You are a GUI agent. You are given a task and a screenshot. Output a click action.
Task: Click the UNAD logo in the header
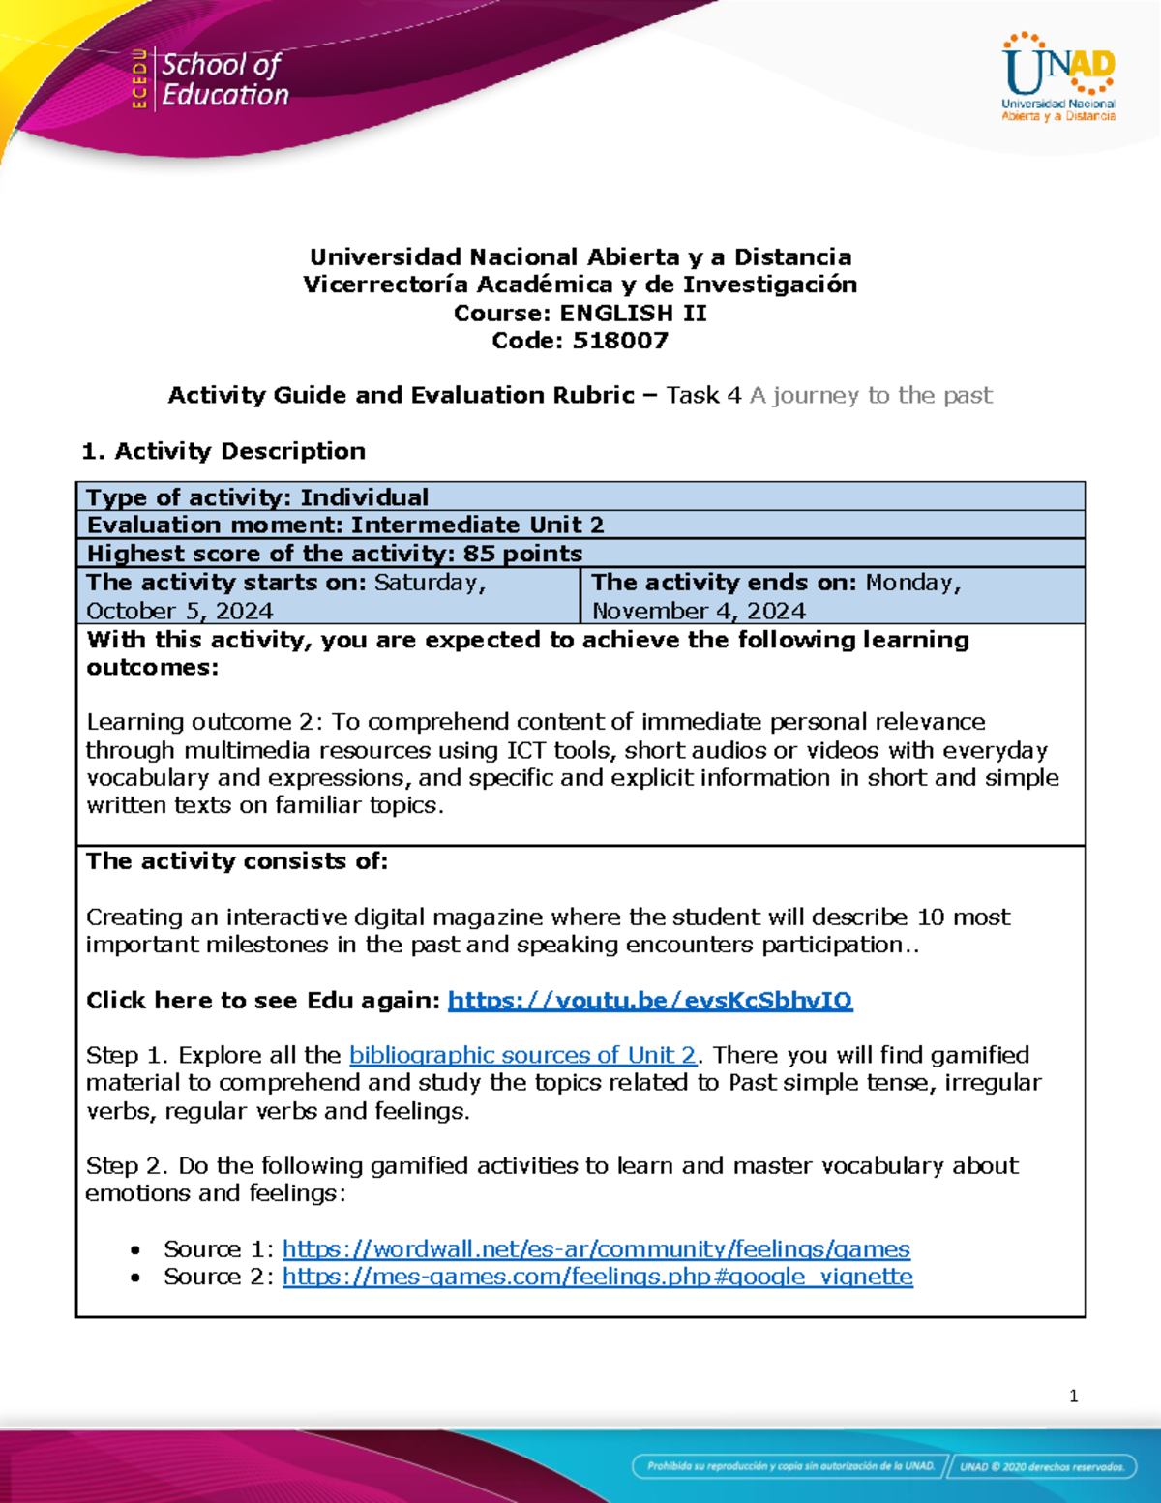(x=1058, y=77)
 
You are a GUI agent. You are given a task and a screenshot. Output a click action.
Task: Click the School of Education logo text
(x=223, y=79)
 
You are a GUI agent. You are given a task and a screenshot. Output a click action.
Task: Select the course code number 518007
(x=620, y=341)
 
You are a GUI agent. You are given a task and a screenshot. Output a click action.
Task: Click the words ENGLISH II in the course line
(x=633, y=314)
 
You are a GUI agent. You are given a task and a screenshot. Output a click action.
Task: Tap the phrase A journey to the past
(x=871, y=395)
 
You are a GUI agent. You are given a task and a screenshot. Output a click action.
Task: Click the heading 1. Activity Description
(x=223, y=451)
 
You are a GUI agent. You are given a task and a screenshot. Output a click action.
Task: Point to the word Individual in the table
(x=364, y=497)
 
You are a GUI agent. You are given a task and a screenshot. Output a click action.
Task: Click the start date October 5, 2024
(x=180, y=611)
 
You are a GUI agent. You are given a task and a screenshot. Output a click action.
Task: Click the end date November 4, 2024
(x=699, y=611)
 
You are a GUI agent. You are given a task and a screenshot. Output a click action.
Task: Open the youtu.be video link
(x=649, y=1000)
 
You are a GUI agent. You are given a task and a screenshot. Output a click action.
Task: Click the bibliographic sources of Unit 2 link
(x=522, y=1055)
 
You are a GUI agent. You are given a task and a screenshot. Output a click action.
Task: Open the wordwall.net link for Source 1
(x=596, y=1248)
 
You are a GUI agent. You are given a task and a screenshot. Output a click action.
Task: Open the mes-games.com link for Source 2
(x=597, y=1277)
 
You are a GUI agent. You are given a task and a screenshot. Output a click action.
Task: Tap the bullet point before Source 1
(x=136, y=1250)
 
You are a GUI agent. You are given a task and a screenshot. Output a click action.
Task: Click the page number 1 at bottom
(x=1073, y=1396)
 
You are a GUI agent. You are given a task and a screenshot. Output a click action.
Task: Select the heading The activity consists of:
(x=237, y=861)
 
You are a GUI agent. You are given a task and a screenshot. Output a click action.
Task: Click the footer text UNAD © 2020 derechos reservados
(x=1041, y=1466)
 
